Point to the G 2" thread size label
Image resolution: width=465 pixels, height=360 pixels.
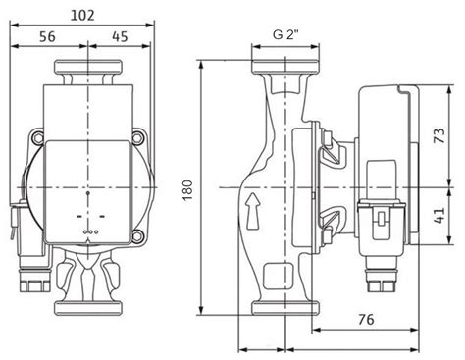288,37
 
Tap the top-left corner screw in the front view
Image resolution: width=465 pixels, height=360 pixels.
39,137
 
